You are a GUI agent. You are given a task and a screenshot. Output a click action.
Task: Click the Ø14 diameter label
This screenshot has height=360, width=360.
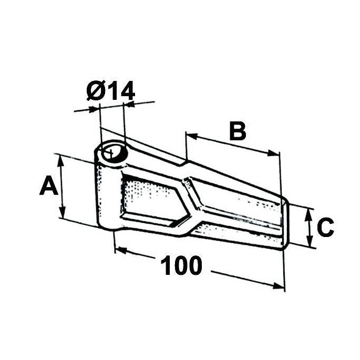[111, 91]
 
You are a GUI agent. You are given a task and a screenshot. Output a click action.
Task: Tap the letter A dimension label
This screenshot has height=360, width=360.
[48, 185]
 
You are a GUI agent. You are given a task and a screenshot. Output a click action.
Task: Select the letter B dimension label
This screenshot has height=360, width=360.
[238, 131]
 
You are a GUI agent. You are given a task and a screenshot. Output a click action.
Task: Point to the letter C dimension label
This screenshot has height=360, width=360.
[325, 227]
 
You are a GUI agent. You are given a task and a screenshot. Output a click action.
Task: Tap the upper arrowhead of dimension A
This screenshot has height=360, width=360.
[60, 161]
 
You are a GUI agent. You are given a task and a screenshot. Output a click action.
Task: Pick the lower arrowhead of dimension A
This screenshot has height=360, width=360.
[63, 211]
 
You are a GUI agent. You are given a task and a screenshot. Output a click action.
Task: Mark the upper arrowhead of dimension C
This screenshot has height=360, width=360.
[308, 215]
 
